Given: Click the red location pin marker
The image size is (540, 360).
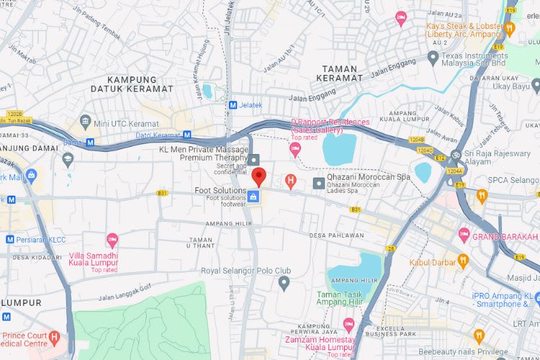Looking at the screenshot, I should tap(260, 175).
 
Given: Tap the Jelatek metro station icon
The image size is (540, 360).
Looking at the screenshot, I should tap(233, 105).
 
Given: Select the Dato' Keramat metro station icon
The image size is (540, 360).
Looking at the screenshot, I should tap(186, 135).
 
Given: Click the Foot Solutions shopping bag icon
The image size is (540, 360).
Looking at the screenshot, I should tap(253, 197).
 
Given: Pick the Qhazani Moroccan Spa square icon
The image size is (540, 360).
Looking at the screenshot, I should tap(318, 184).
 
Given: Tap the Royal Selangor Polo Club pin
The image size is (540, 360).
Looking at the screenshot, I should tap(284, 283).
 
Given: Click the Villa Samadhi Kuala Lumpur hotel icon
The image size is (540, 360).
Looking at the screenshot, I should tap(112, 239).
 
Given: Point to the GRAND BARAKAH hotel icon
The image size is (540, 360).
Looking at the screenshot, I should tap(464, 235).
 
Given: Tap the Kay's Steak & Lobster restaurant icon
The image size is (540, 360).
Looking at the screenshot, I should tap(510, 29).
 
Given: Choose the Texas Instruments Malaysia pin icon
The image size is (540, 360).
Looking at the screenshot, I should tap(433, 56).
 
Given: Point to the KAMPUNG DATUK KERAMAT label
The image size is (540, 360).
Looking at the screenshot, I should tap(132, 84).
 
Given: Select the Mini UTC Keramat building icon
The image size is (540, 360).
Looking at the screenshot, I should tap(86, 120).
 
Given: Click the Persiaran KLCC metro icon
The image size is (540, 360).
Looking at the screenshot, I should tap(10, 239).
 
